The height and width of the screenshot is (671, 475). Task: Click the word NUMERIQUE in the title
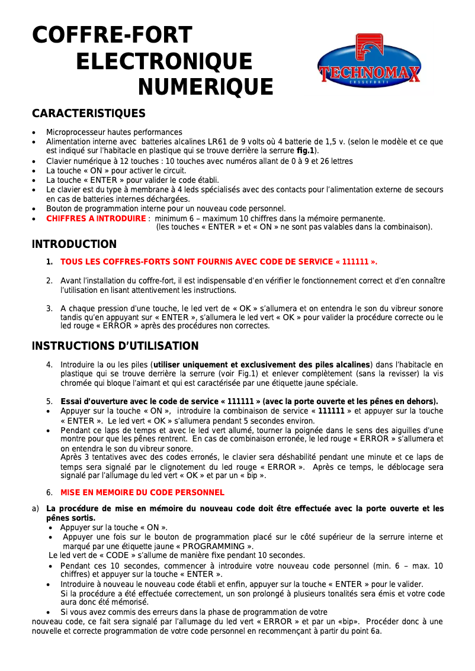205,87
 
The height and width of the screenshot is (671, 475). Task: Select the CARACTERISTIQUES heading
88,113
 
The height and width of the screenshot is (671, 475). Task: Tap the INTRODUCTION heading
74,244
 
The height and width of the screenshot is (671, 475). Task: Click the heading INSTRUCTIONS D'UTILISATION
115,346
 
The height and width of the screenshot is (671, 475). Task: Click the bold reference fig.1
306,150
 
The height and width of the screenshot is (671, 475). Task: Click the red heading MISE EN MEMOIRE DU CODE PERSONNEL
142,492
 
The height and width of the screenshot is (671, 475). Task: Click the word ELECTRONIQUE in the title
164,61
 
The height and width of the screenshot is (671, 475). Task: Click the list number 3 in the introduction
49,308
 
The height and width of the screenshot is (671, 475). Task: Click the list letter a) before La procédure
36,508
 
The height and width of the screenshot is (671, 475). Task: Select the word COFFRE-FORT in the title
112,35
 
